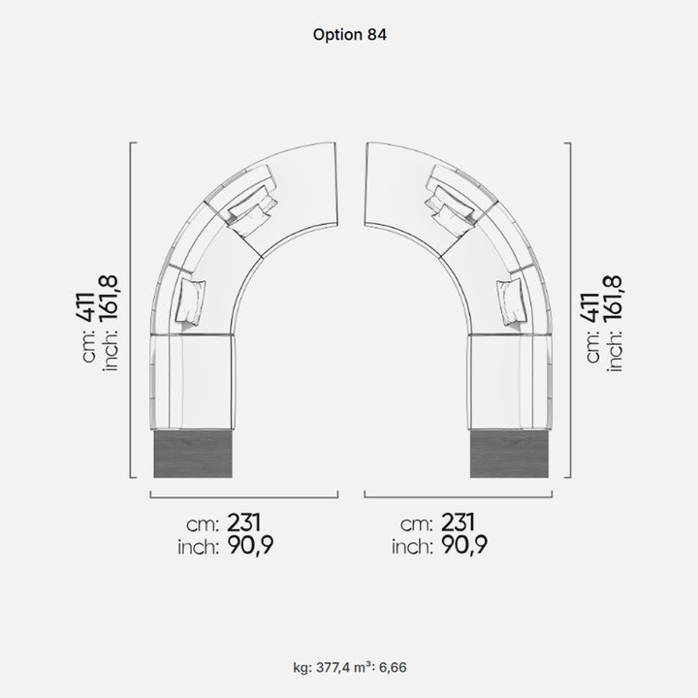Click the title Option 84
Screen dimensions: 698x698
(x=349, y=35)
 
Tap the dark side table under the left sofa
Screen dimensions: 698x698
(x=193, y=454)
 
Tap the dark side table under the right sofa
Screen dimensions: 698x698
(x=509, y=454)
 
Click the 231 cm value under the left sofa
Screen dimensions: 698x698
(x=244, y=523)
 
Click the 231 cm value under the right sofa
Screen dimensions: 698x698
(x=458, y=523)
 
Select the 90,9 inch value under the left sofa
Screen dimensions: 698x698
(x=251, y=545)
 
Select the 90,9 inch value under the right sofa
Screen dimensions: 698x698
(x=464, y=545)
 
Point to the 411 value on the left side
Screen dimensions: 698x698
(x=86, y=307)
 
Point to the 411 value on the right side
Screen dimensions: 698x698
(x=590, y=307)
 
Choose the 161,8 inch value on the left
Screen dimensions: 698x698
(x=108, y=299)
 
